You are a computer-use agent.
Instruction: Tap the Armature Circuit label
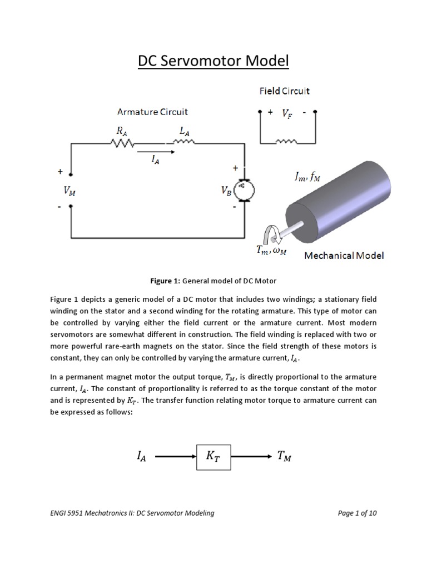coord(152,112)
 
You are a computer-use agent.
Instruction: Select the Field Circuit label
coord(285,91)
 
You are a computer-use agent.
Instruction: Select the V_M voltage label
coord(70,191)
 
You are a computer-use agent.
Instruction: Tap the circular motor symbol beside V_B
coord(243,191)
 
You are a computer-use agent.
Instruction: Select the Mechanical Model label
coord(344,256)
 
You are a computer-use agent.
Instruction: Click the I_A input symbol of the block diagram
coord(142,457)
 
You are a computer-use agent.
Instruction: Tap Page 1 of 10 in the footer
coord(357,513)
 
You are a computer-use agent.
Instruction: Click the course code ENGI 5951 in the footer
coord(69,513)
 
